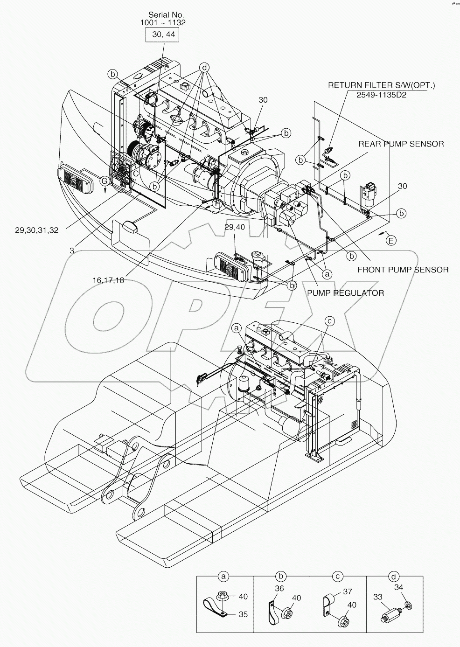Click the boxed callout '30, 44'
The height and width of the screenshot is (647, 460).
[162, 35]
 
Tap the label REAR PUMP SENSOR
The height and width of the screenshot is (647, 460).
[401, 144]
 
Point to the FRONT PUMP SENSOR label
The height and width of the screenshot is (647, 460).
[403, 270]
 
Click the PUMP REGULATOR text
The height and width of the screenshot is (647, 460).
[345, 293]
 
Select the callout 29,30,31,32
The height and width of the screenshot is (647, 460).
[37, 230]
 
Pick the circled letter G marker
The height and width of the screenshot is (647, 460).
[105, 181]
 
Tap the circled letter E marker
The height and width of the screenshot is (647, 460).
[391, 240]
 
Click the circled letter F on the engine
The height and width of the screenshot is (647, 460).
[217, 203]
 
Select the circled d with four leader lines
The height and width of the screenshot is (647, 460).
[203, 67]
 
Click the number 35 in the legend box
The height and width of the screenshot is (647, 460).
[243, 614]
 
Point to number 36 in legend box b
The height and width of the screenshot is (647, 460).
[279, 589]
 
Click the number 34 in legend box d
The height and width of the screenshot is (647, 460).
[398, 587]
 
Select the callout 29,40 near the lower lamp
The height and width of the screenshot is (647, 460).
[234, 227]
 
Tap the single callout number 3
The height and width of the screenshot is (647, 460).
[72, 250]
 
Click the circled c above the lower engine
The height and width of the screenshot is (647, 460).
[330, 320]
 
